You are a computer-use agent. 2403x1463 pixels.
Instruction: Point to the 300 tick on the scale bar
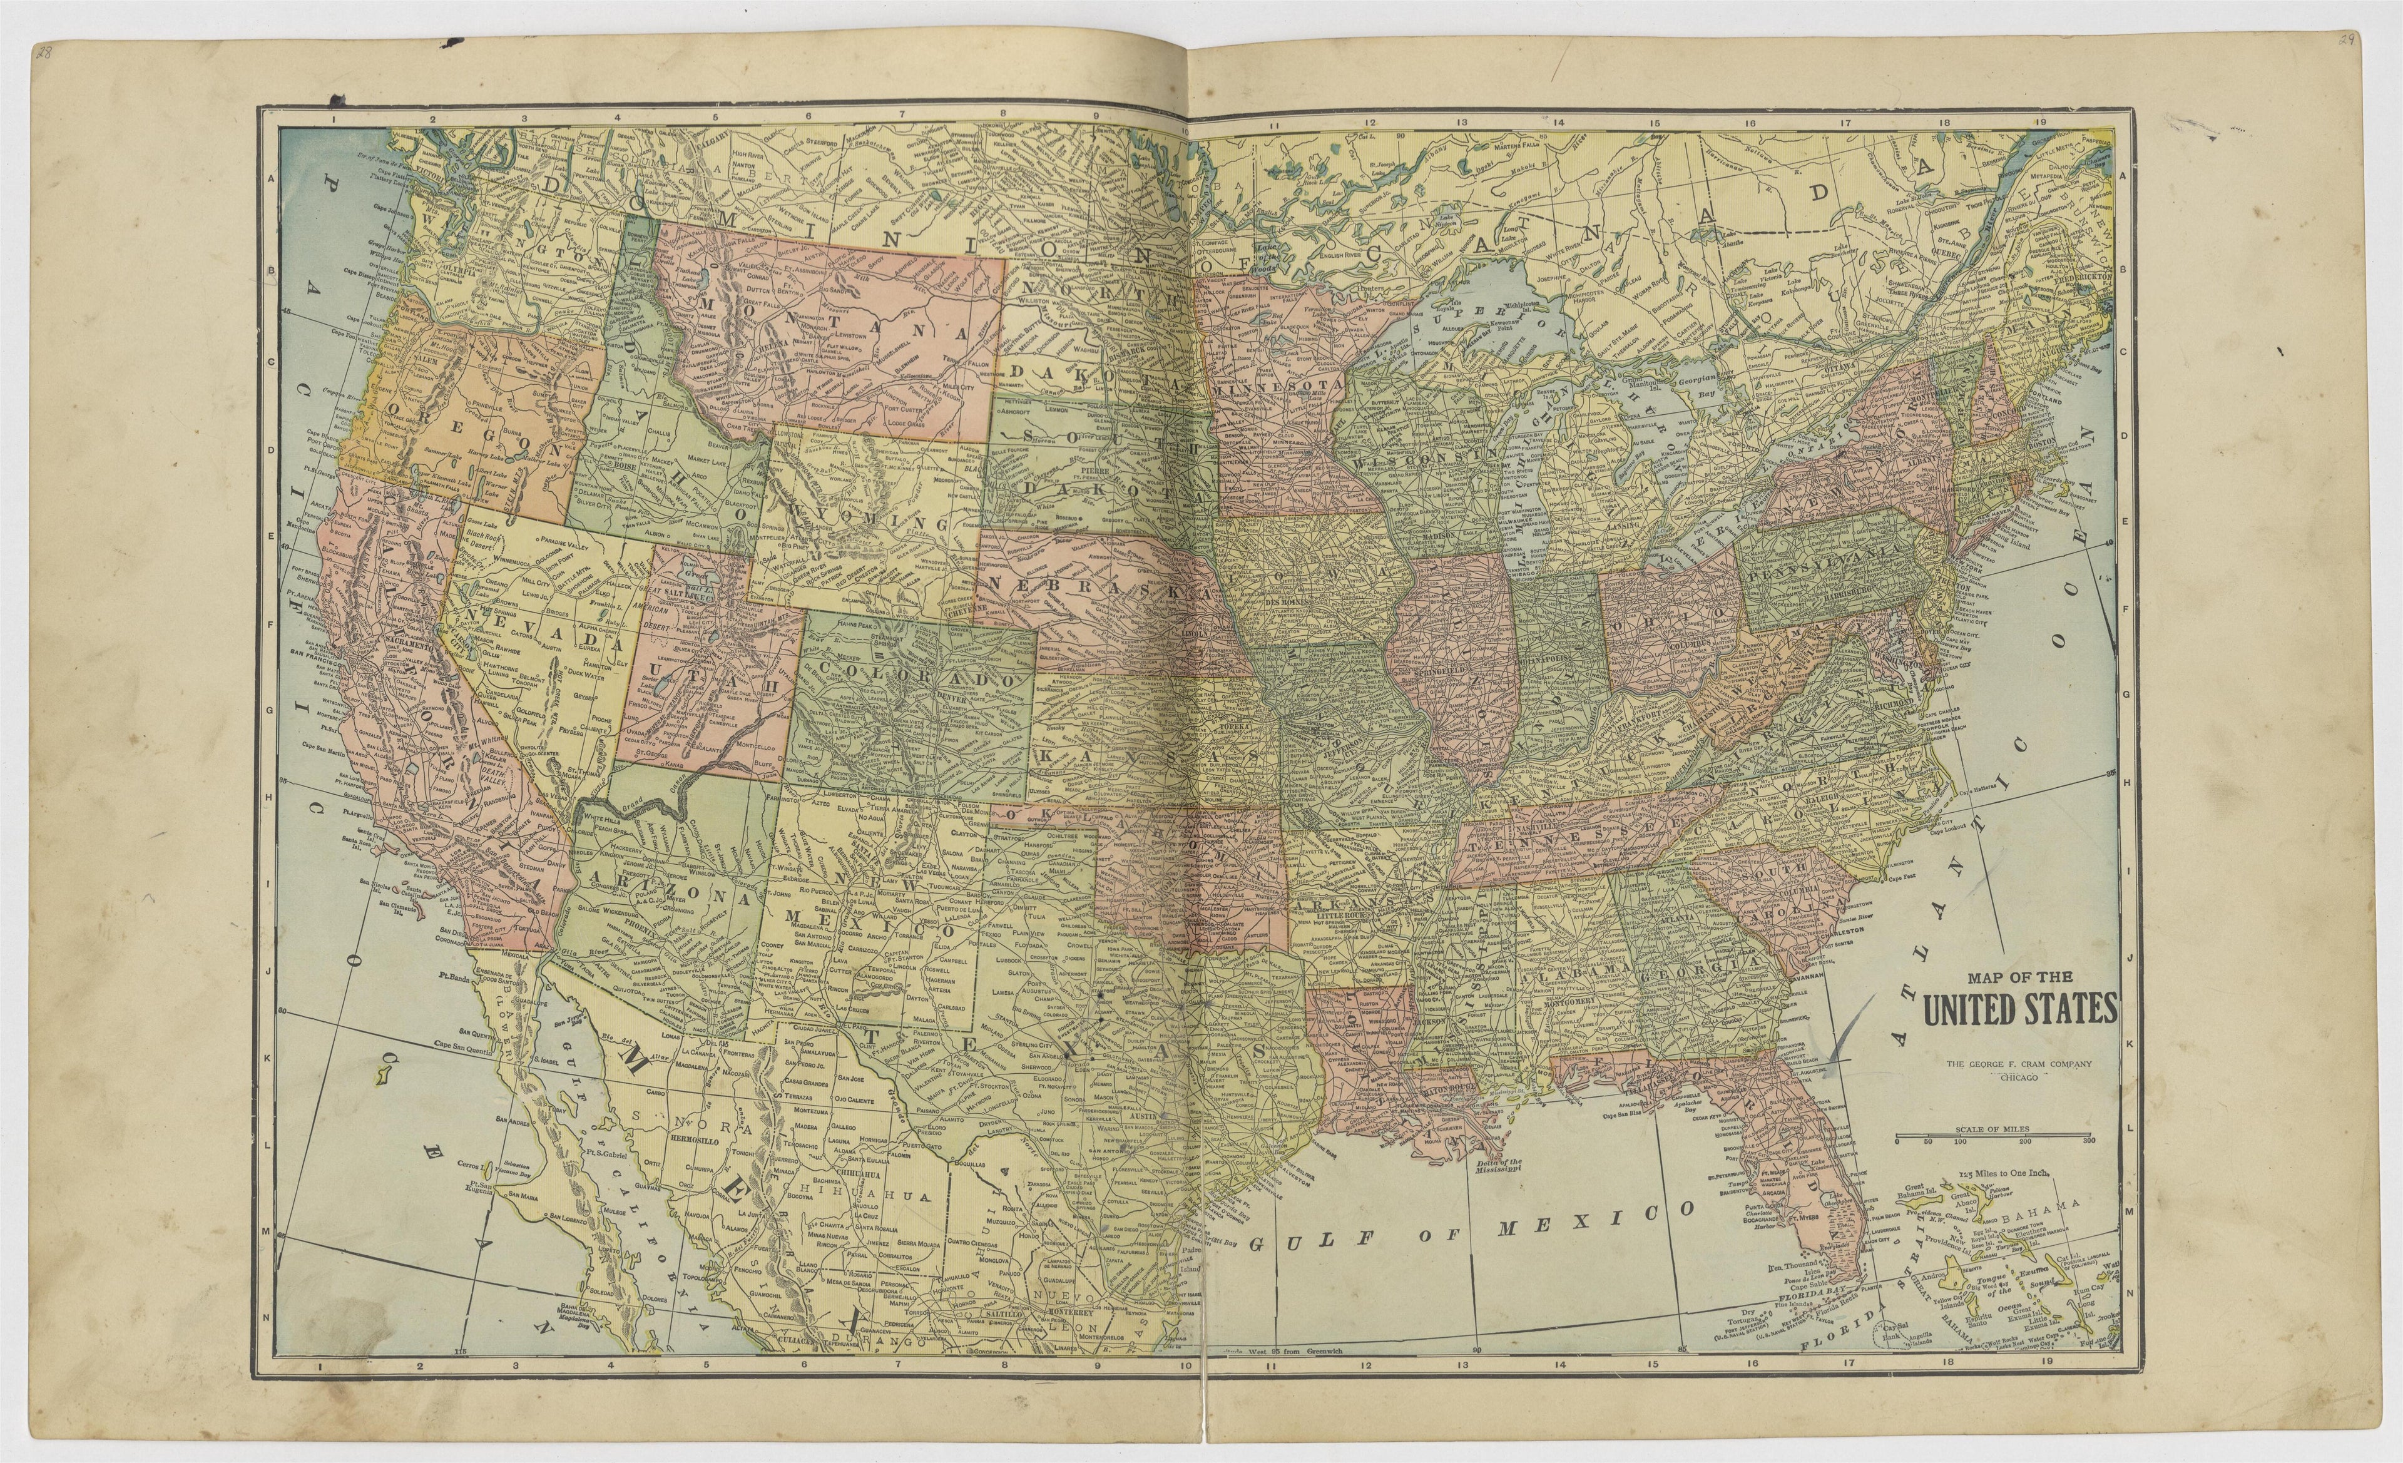click(x=2087, y=1140)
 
